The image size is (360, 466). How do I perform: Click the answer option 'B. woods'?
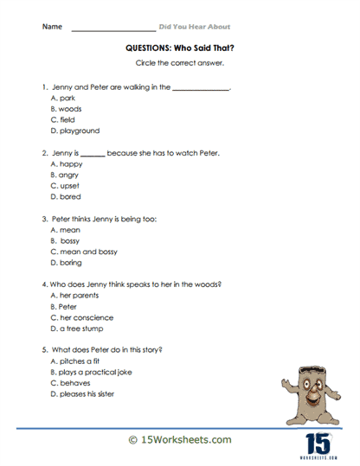[66, 110]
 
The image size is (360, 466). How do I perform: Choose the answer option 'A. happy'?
[66, 163]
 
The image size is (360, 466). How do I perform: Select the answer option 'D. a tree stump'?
[80, 329]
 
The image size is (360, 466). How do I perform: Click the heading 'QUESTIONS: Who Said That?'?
[179, 50]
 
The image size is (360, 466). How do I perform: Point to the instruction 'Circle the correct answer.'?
[179, 65]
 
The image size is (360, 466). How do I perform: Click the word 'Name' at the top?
[51, 27]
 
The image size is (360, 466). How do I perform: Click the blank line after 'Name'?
[112, 29]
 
